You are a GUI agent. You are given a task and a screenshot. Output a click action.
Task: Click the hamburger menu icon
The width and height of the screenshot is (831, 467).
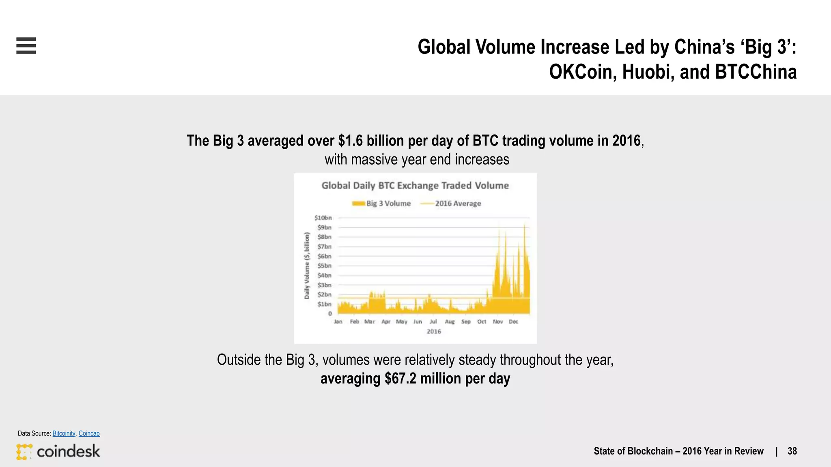click(26, 45)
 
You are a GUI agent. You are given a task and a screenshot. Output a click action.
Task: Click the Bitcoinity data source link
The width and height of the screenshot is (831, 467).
click(64, 433)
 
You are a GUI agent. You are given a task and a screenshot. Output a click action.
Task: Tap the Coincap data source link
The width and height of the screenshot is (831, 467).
click(89, 433)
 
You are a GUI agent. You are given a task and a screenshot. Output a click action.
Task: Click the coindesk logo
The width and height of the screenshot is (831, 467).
click(58, 451)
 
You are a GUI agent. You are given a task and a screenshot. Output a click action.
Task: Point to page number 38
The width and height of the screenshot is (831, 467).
click(792, 451)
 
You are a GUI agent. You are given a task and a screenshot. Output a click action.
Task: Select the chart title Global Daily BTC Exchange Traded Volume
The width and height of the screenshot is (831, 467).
click(415, 186)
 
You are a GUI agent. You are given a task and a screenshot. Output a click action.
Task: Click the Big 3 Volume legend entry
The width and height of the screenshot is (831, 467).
click(381, 204)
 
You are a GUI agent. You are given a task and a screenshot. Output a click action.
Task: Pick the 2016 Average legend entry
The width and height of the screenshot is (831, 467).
click(451, 204)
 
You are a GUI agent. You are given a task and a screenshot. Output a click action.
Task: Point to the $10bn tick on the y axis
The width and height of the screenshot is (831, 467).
click(323, 218)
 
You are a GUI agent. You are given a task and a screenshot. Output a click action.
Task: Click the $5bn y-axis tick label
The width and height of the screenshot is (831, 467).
click(324, 266)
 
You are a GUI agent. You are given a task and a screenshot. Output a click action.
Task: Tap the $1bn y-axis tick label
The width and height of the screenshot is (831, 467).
click(324, 304)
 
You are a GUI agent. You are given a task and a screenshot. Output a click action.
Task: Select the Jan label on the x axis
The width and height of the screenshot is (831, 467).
click(338, 321)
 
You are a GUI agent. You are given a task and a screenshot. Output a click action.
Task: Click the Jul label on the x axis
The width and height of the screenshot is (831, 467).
click(433, 321)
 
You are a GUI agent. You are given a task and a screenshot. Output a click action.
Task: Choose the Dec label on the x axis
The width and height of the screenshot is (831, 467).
click(513, 321)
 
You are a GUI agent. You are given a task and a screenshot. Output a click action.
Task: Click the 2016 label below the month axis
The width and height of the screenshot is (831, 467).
click(433, 331)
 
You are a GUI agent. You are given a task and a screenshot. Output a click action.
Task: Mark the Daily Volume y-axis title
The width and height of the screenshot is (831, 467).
click(307, 266)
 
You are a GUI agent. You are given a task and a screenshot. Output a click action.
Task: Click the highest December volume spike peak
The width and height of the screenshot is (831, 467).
click(525, 224)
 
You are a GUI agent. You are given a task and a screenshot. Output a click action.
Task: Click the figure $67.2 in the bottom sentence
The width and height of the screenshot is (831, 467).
click(400, 379)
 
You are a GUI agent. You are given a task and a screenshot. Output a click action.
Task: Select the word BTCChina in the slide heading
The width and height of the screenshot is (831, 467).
click(756, 72)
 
